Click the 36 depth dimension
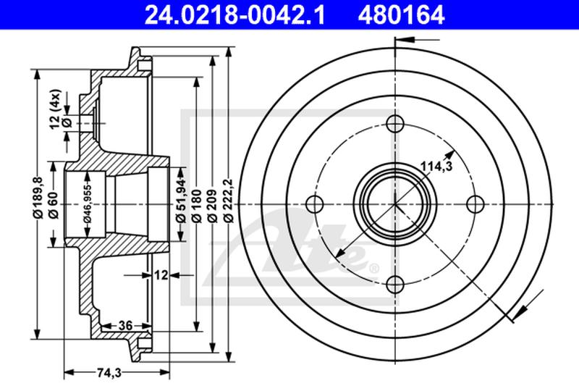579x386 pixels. pos(124,325)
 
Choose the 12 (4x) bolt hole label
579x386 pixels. pos(56,109)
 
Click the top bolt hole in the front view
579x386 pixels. pos(394,124)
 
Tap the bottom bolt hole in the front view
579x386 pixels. pos(394,285)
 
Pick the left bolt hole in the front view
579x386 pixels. pos(314,204)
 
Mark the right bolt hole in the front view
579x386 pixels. pos(475,204)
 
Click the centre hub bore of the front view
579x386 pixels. pos(394,204)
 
